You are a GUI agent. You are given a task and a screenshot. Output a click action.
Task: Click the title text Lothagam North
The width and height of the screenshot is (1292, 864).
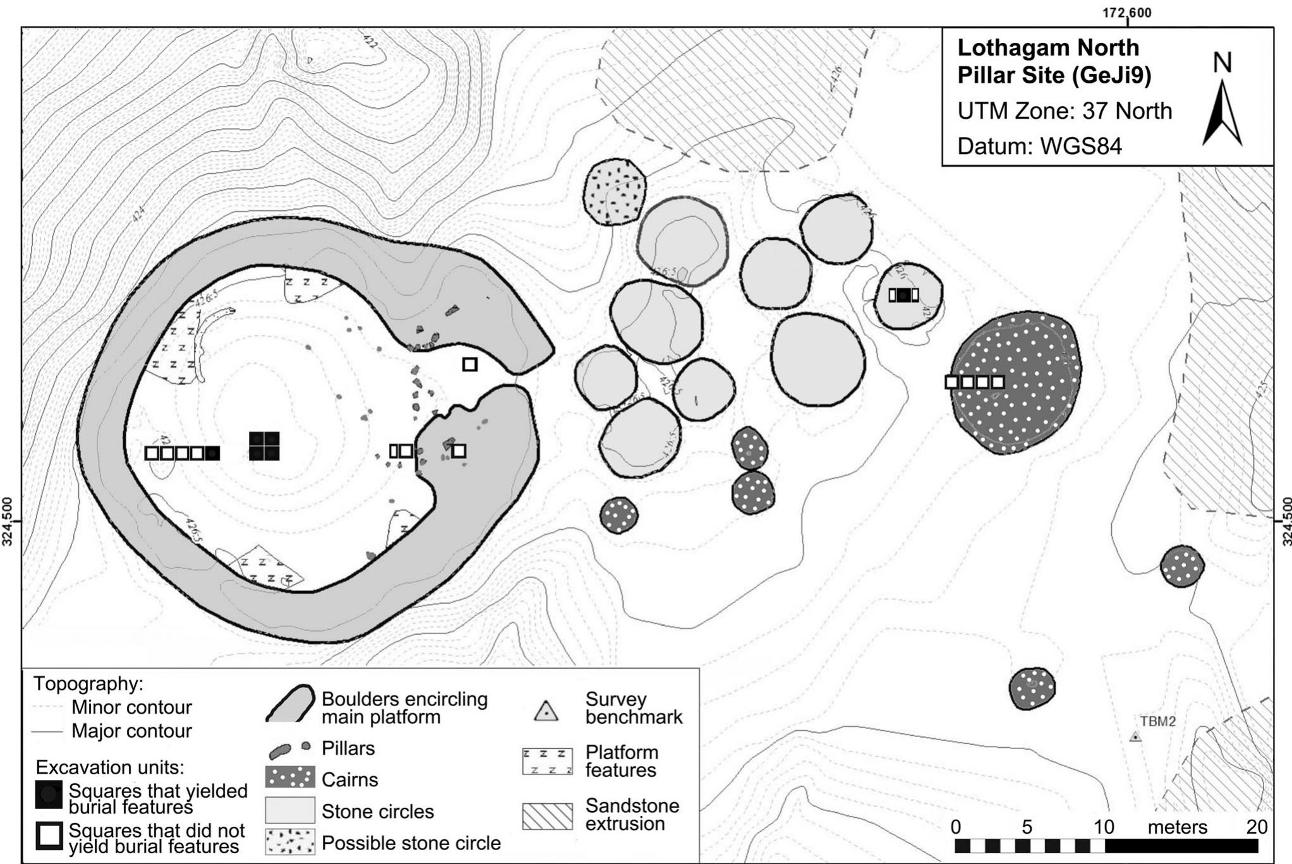(x=1048, y=48)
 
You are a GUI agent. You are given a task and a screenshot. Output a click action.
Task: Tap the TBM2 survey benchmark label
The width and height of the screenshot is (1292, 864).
(x=1157, y=721)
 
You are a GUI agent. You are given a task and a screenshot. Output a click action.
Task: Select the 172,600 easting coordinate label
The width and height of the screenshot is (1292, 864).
(x=1127, y=13)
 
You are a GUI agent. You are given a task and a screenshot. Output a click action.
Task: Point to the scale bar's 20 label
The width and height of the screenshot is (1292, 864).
(x=1257, y=827)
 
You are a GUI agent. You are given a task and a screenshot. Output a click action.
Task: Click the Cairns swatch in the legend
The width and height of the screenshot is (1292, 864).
(x=290, y=777)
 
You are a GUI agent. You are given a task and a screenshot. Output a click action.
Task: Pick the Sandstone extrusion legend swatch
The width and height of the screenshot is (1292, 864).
(x=547, y=815)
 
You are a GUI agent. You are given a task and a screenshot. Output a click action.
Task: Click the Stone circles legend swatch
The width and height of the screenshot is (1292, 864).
(x=290, y=810)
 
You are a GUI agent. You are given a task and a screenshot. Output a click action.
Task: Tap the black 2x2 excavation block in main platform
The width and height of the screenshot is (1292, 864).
(x=264, y=446)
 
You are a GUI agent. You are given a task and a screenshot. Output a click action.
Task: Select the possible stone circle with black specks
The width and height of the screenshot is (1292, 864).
(x=615, y=191)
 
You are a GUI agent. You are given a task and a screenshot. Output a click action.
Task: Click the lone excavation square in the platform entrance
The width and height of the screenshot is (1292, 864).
(x=469, y=364)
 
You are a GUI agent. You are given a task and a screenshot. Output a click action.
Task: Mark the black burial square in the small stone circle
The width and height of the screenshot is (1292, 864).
(x=904, y=295)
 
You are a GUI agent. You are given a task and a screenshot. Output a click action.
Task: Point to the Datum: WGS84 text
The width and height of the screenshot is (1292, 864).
(x=1039, y=147)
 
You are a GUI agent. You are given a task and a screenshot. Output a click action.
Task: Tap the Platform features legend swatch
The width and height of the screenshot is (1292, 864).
(x=547, y=761)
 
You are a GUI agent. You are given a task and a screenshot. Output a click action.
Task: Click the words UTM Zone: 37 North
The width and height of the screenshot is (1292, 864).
(x=1064, y=111)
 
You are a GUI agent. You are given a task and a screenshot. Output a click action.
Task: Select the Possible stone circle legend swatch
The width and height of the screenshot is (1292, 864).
(x=290, y=841)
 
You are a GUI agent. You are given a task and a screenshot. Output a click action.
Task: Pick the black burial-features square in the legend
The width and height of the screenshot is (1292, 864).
(x=49, y=795)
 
